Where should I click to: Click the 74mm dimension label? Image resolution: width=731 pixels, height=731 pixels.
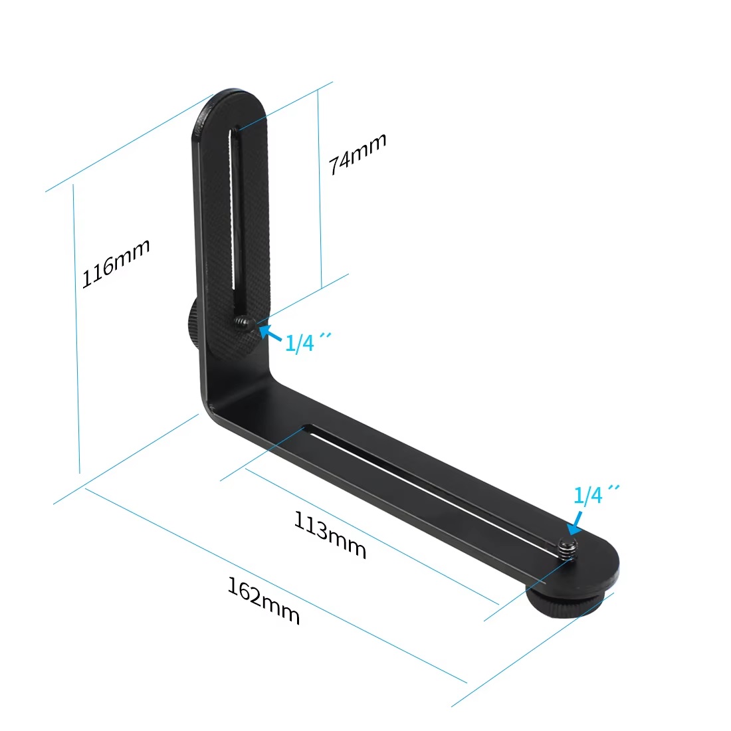tap(358, 154)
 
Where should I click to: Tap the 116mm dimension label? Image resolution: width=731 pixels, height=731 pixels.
tap(116, 264)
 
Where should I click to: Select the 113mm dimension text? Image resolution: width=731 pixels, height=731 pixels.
tap(330, 536)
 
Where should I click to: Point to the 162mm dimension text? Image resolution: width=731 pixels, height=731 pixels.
tap(264, 601)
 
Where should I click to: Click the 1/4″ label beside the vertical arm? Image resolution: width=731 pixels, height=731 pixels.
tap(304, 342)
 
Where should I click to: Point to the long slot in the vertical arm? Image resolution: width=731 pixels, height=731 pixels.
tap(235, 213)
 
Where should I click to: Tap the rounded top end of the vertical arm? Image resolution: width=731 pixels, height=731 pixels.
tap(232, 106)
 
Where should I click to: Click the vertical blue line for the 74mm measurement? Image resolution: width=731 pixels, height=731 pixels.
tap(320, 189)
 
